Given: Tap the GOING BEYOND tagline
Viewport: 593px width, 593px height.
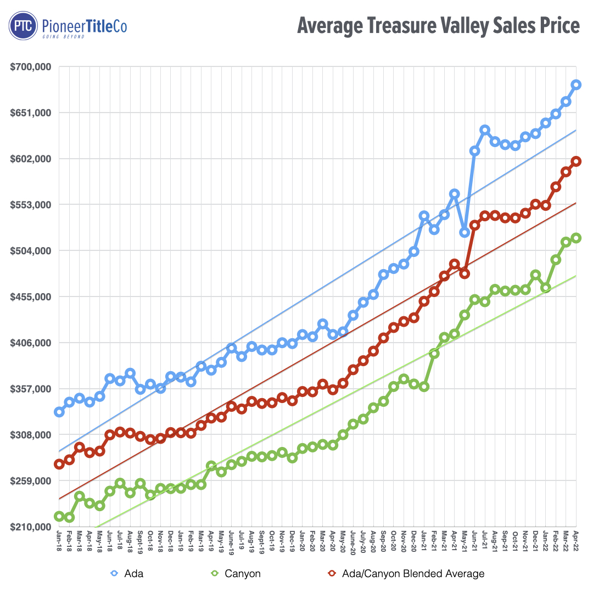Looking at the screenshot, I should point(63,36).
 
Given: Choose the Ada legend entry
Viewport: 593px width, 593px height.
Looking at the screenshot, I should point(127,574).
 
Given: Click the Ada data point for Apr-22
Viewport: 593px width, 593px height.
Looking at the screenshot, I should point(576,84).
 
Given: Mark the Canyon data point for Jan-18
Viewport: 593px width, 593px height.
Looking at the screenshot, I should point(59,516).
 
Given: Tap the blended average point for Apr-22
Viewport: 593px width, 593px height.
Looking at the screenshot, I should point(576,161).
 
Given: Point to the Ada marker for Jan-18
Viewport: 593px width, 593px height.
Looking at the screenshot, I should point(59,412).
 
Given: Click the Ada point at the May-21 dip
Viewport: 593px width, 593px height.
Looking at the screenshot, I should point(465,232).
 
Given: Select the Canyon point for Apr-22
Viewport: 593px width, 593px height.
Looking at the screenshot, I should point(576,237).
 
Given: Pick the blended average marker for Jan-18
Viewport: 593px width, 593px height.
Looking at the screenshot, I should point(59,464).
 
